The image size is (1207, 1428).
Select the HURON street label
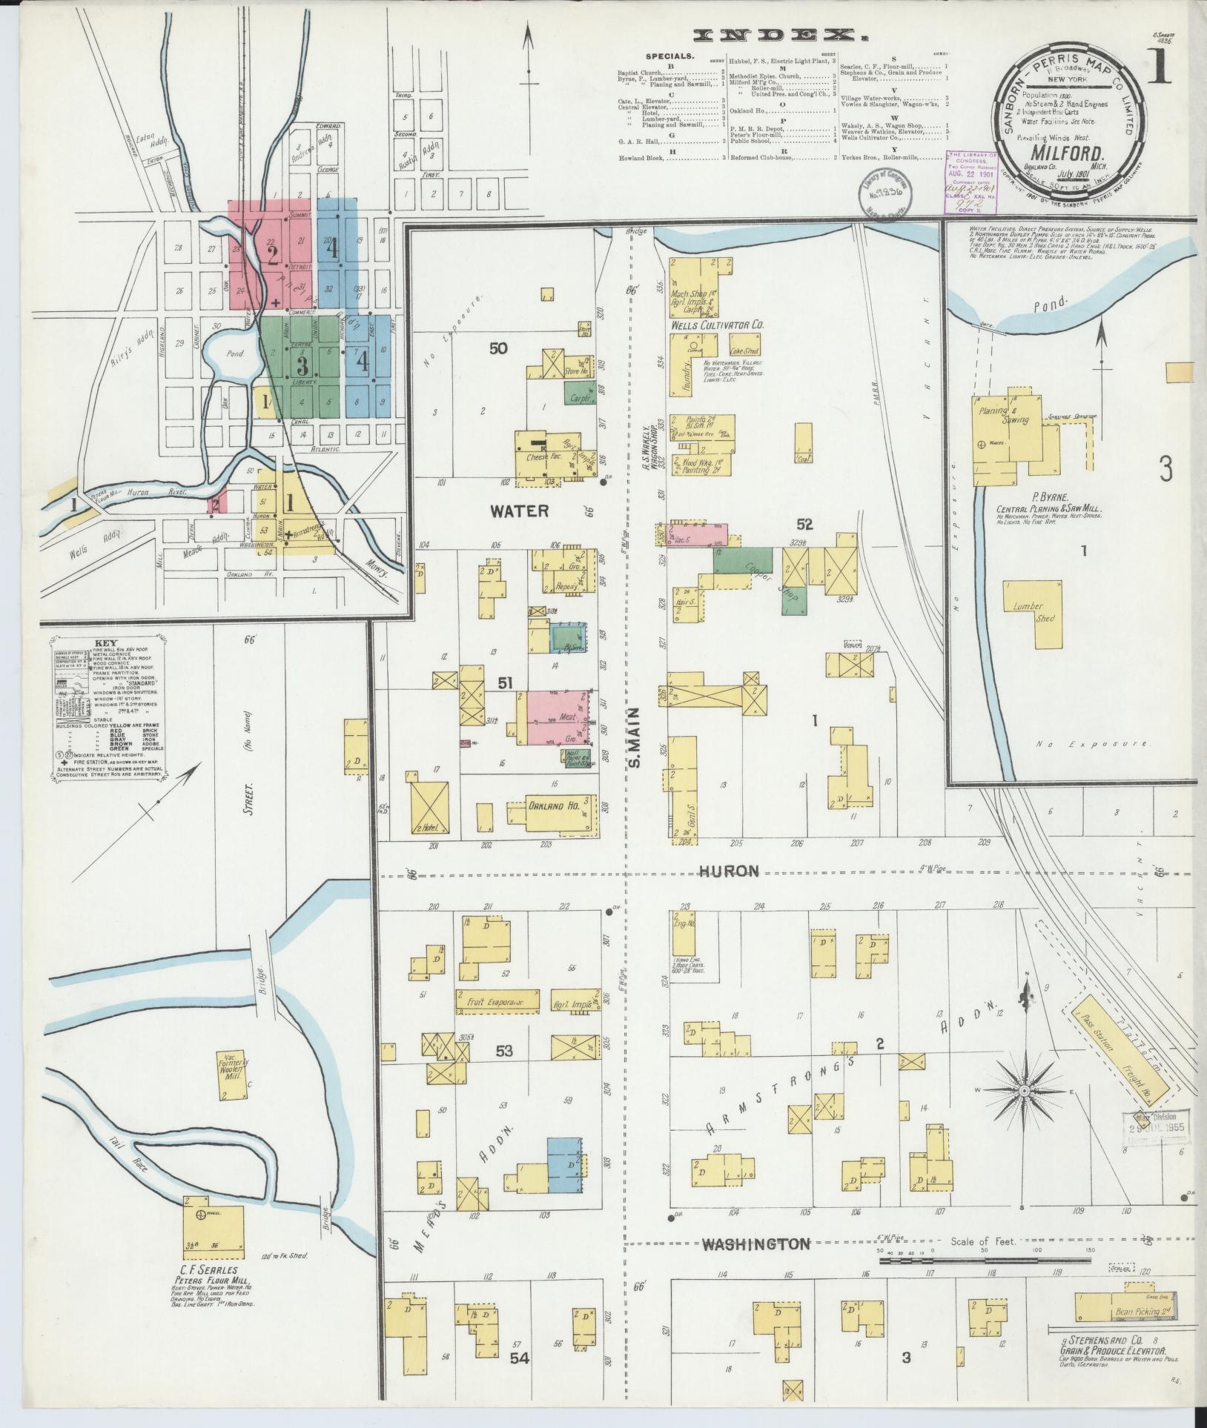tap(730, 871)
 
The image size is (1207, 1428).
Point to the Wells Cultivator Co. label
tap(717, 325)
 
